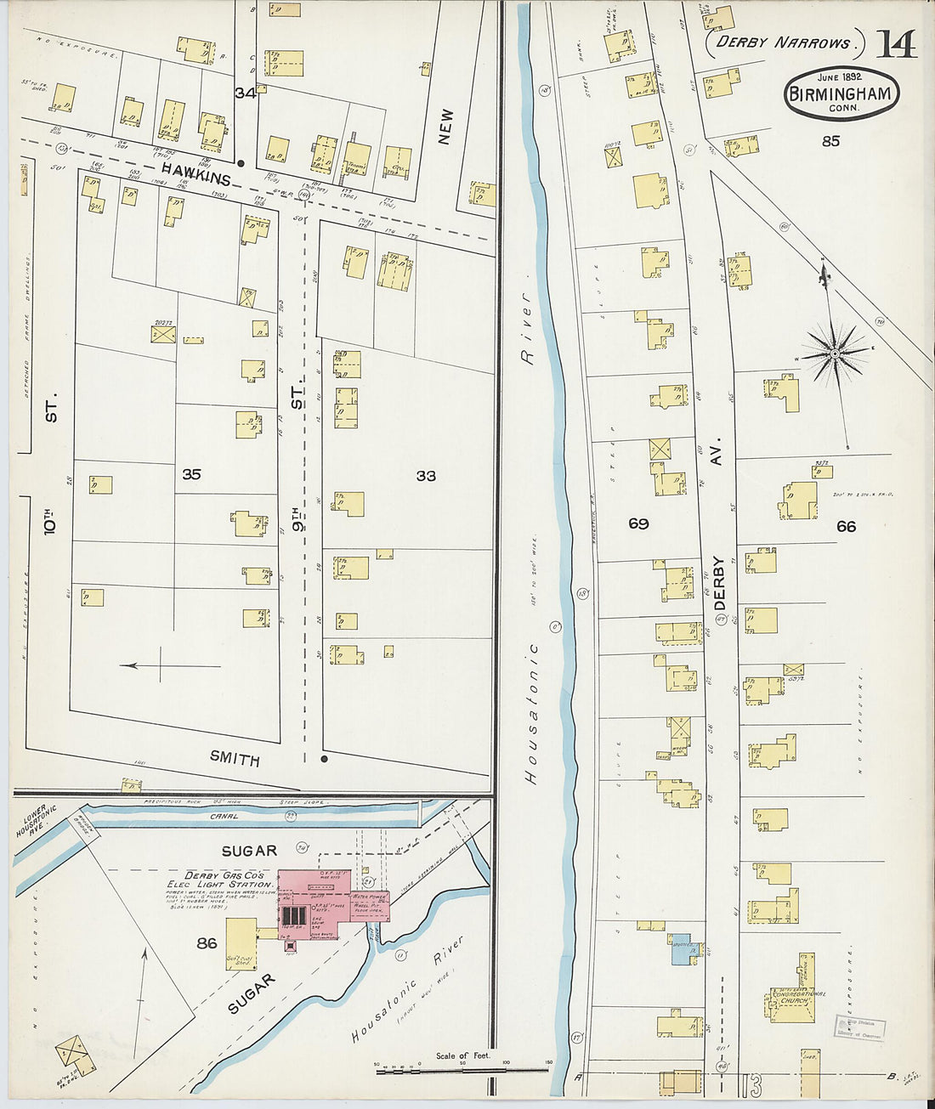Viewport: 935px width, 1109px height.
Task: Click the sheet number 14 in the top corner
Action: pyautogui.click(x=897, y=43)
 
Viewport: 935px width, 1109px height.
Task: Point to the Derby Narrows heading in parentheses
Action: pyautogui.click(x=783, y=42)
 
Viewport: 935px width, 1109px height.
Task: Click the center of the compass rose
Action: pyautogui.click(x=836, y=353)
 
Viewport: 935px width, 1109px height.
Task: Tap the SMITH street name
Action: pyautogui.click(x=235, y=759)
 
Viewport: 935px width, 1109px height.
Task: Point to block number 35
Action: pyautogui.click(x=191, y=474)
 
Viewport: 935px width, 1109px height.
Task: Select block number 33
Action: pyautogui.click(x=426, y=476)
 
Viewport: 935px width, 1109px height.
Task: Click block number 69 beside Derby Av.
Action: pyautogui.click(x=638, y=523)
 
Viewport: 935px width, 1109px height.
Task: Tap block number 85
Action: pyautogui.click(x=830, y=141)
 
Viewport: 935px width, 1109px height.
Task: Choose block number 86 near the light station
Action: pyautogui.click(x=207, y=942)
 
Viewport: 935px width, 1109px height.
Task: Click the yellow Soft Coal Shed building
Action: pyautogui.click(x=241, y=943)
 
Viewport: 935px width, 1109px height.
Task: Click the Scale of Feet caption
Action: pyautogui.click(x=463, y=1055)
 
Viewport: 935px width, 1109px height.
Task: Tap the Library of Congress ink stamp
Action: pyautogui.click(x=859, y=1027)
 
